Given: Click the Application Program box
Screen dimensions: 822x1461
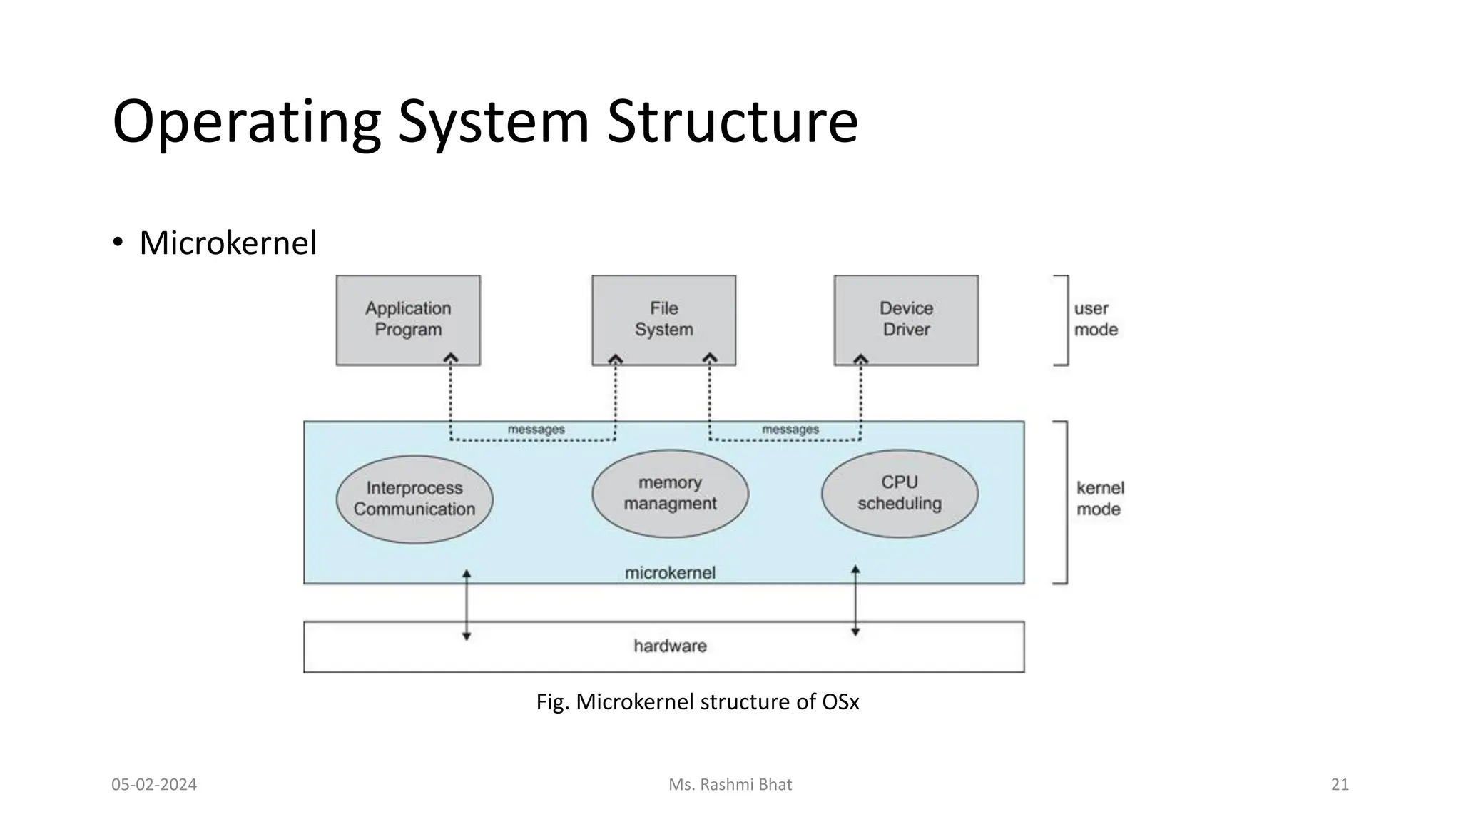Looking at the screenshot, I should pyautogui.click(x=408, y=320).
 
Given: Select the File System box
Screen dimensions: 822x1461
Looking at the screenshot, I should pyautogui.click(x=663, y=320).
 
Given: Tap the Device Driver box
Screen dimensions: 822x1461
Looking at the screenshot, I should pyautogui.click(x=906, y=320).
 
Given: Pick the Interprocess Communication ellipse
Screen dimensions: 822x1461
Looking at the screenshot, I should pyautogui.click(x=414, y=499).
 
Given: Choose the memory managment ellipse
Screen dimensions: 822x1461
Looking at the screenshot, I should pyautogui.click(x=670, y=493).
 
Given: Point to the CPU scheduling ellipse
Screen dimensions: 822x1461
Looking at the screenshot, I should pyautogui.click(x=900, y=493).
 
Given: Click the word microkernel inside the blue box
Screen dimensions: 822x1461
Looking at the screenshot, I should pyautogui.click(x=670, y=572).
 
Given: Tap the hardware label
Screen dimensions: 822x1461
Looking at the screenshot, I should pyautogui.click(x=670, y=646).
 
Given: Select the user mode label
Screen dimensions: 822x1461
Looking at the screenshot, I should pyautogui.click(x=1096, y=319).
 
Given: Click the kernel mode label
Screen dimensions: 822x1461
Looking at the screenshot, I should pyautogui.click(x=1099, y=498).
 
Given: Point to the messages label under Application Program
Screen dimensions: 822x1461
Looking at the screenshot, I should pyautogui.click(x=536, y=430).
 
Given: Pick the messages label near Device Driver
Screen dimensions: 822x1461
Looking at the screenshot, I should pyautogui.click(x=790, y=430).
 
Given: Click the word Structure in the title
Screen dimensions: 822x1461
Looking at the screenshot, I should pyautogui.click(x=732, y=121).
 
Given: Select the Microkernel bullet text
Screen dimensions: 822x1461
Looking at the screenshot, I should pyautogui.click(x=228, y=243).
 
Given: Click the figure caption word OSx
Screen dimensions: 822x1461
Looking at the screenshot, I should pyautogui.click(x=840, y=702).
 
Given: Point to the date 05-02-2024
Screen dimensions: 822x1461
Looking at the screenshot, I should pyautogui.click(x=154, y=785).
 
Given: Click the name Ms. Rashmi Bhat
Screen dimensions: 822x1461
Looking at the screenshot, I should pyautogui.click(x=730, y=785).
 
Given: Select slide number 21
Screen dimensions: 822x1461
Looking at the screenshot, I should pyautogui.click(x=1340, y=785).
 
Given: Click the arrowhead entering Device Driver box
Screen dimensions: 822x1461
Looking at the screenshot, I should pyautogui.click(x=861, y=359).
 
